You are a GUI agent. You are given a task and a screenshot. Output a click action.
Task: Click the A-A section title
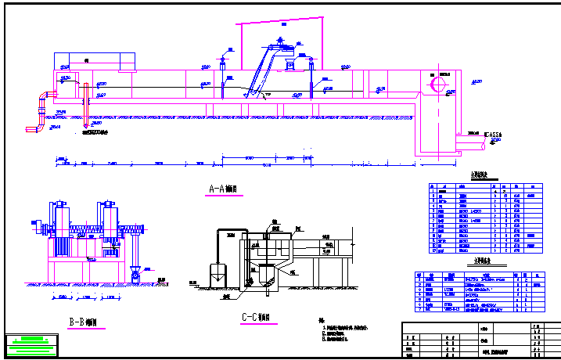coord(223,189)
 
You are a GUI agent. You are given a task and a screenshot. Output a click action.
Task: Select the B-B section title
coord(83,321)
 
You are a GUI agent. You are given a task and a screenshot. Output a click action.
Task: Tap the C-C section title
coord(257,318)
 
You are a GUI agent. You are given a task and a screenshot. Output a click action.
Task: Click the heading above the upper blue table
coord(479,176)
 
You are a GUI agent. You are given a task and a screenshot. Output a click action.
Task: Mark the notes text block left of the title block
coord(344,332)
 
